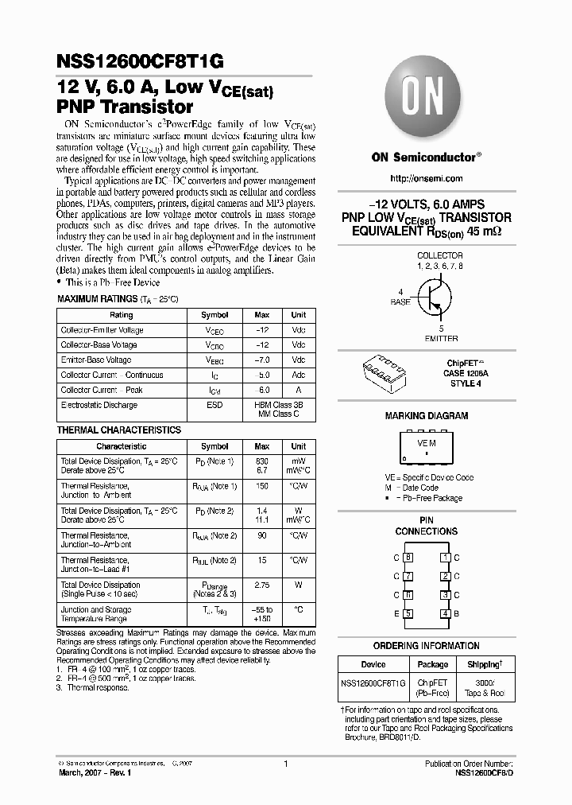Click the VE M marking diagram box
point(427,449)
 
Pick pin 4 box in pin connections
point(446,612)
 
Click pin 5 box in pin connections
point(408,612)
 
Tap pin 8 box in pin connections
point(408,558)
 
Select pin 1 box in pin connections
point(446,558)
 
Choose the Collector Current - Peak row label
point(102,390)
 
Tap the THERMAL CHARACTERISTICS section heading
point(119,430)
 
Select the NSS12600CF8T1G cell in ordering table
point(373,683)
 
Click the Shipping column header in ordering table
point(483,664)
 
